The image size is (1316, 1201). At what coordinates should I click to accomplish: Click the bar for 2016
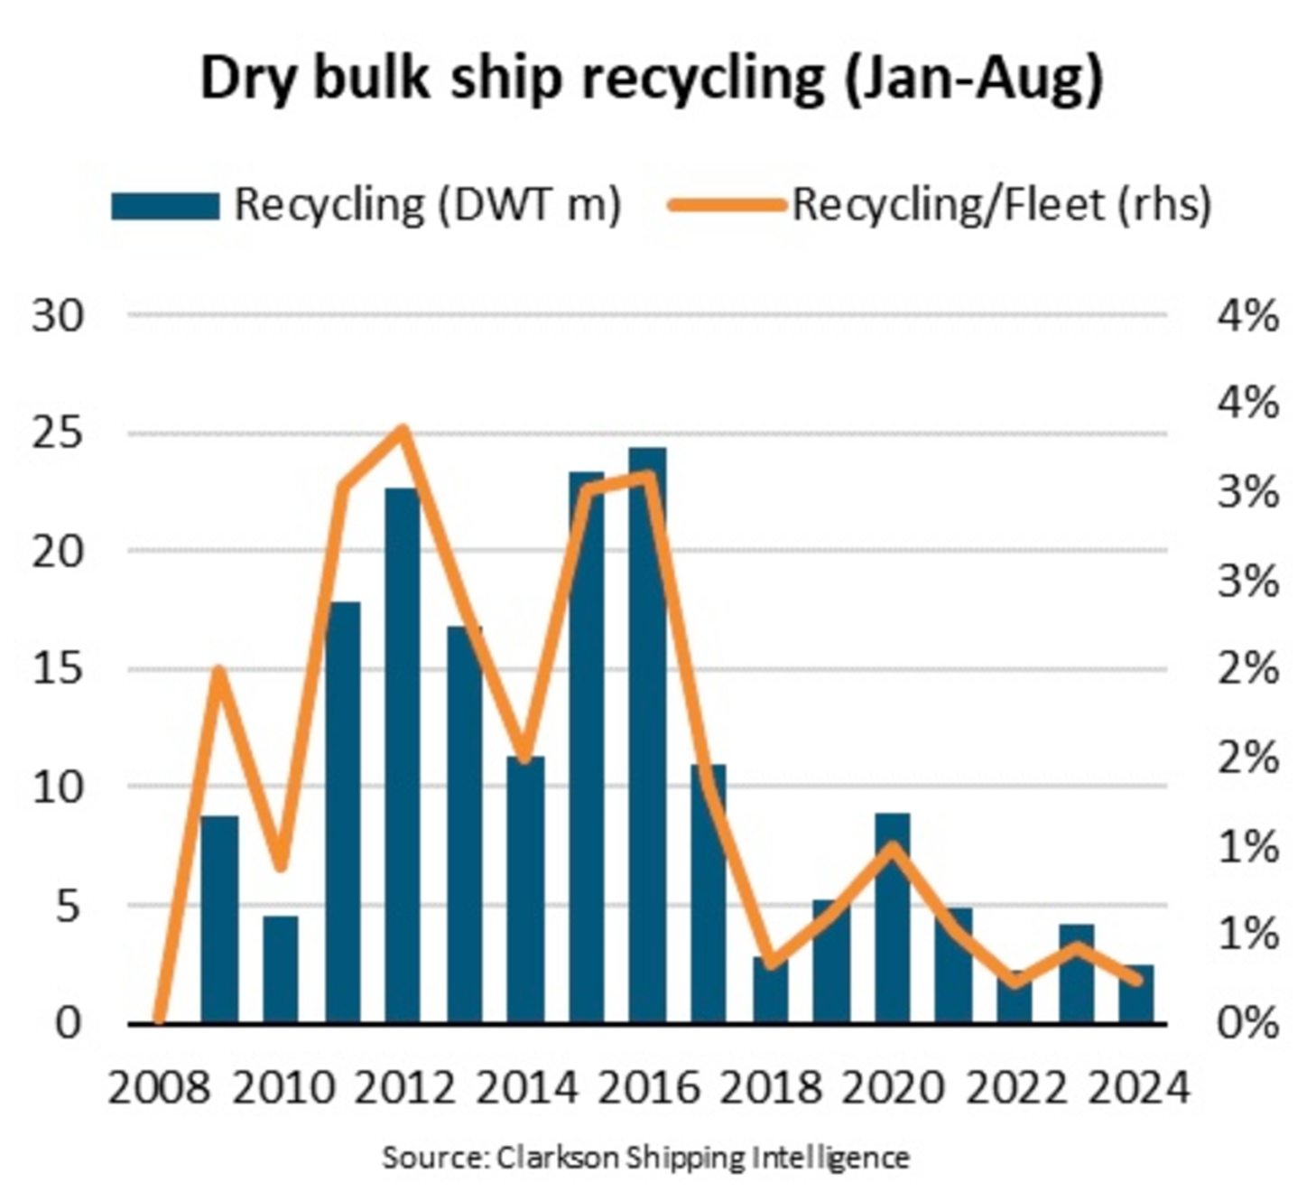click(x=647, y=735)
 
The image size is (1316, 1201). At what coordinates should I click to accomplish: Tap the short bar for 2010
click(x=280, y=970)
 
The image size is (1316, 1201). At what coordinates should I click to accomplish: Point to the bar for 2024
click(x=1136, y=994)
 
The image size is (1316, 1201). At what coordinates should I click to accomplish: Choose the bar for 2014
click(x=525, y=889)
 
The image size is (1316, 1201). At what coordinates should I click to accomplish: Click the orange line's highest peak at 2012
click(x=403, y=430)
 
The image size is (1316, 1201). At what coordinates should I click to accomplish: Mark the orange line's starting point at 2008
click(x=159, y=1020)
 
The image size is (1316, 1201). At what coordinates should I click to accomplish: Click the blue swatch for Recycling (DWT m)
click(x=165, y=206)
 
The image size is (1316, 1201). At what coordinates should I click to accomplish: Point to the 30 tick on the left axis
click(x=58, y=316)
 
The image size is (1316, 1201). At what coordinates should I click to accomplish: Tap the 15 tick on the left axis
click(x=58, y=669)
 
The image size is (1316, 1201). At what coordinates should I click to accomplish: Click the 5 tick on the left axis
click(x=69, y=906)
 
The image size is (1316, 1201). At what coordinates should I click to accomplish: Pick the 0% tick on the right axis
click(x=1247, y=1023)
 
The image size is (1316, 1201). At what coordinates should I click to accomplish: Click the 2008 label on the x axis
click(x=159, y=1089)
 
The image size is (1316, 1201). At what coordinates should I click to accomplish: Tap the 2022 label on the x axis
click(x=1015, y=1089)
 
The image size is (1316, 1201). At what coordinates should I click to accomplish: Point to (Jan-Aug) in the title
click(x=974, y=79)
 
